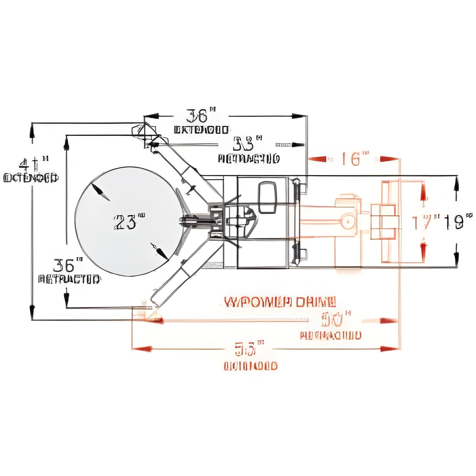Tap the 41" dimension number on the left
pyautogui.click(x=33, y=164)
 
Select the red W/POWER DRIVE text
pyautogui.click(x=280, y=302)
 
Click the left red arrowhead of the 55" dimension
pyautogui.click(x=142, y=348)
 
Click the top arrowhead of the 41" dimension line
pyautogui.click(x=32, y=132)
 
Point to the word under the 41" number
pyautogui.click(x=31, y=178)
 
